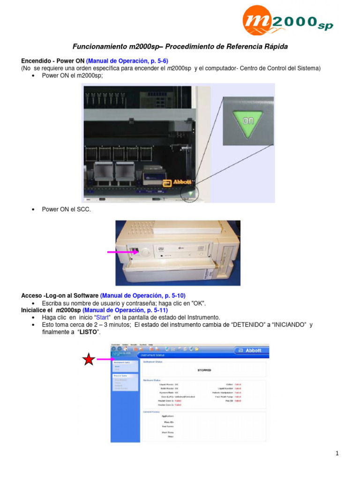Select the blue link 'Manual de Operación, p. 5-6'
pyautogui.click(x=127, y=61)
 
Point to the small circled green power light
pyautogui.click(x=191, y=193)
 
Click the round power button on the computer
pyautogui.click(x=144, y=251)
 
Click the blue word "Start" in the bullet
pyautogui.click(x=102, y=317)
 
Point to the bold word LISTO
pyautogui.click(x=90, y=332)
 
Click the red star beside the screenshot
pyautogui.click(x=89, y=360)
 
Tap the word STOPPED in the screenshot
pyautogui.click(x=204, y=370)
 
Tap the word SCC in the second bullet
pyautogui.click(x=83, y=210)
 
